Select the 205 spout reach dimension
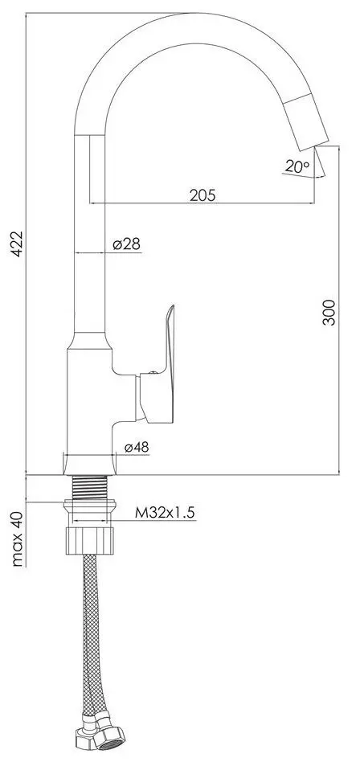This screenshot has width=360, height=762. pos(202,195)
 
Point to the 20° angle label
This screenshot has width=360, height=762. pos(296,166)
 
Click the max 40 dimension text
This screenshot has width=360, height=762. pos(17,538)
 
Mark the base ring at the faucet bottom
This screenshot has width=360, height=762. pos(90,464)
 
